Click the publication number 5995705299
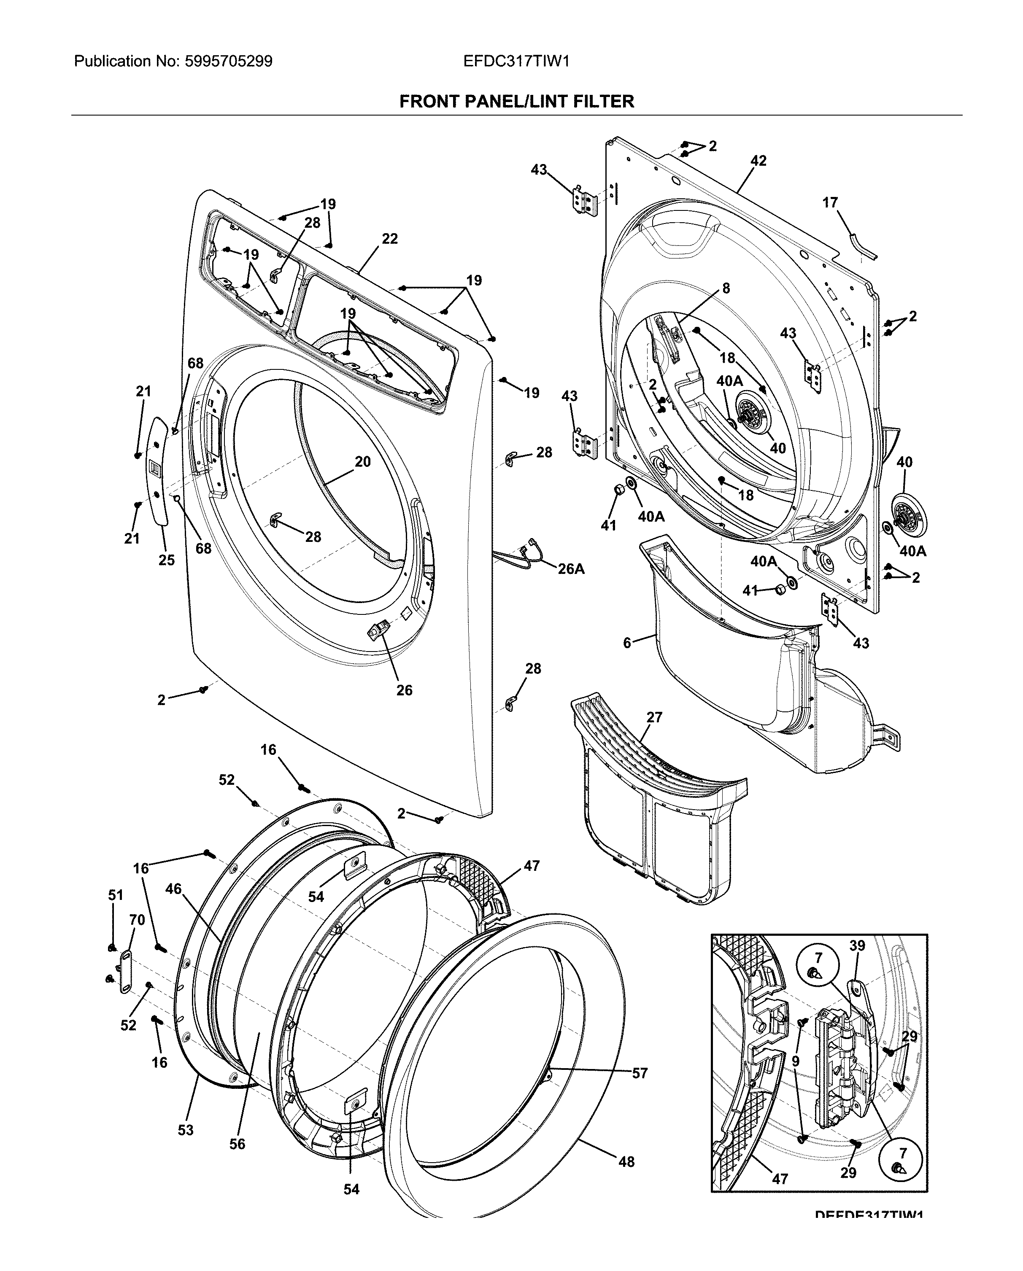(x=229, y=61)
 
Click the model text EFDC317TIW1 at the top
(x=516, y=61)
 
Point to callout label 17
(x=830, y=203)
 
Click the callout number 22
(x=390, y=239)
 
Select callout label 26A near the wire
(x=571, y=569)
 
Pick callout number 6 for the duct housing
(x=627, y=643)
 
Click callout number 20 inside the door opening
(x=363, y=462)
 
